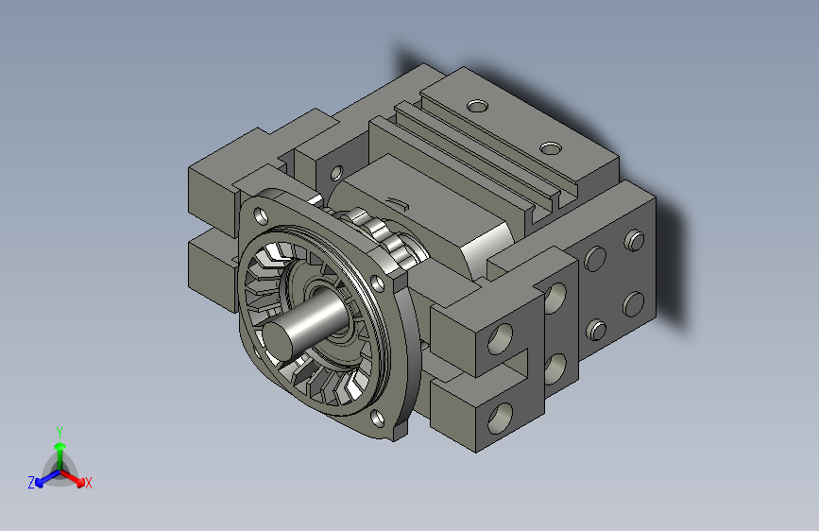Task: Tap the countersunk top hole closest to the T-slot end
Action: click(551, 147)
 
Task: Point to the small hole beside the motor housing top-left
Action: click(335, 173)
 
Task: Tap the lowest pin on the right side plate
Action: click(596, 329)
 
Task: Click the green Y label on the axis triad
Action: click(60, 430)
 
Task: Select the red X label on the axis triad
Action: click(89, 484)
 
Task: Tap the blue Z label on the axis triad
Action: click(31, 483)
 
